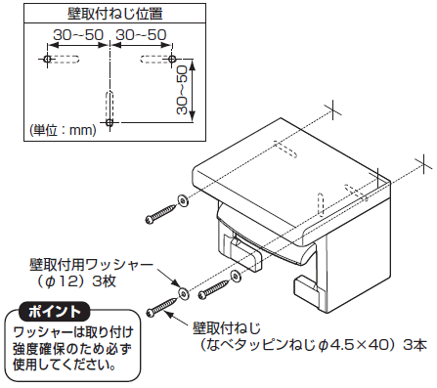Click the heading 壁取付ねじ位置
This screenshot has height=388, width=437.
(x=114, y=14)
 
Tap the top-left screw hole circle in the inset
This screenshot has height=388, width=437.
(x=47, y=59)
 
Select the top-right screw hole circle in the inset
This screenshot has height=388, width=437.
(x=172, y=59)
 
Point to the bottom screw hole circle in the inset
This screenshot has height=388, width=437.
(x=109, y=122)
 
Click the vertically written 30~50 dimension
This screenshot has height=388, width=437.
(x=182, y=90)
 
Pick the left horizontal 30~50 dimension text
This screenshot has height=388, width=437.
(x=78, y=35)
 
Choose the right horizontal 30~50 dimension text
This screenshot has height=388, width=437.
(x=141, y=35)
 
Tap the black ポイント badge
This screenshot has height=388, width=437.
(x=55, y=312)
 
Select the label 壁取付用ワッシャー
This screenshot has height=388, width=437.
(x=91, y=265)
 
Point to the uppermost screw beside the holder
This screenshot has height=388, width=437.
(x=161, y=213)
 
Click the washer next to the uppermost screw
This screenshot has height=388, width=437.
(x=184, y=201)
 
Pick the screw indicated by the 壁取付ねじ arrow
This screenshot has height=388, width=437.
(x=162, y=307)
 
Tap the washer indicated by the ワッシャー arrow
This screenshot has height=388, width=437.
(x=185, y=294)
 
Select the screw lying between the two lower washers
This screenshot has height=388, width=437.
(x=214, y=289)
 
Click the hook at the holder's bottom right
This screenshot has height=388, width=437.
(x=307, y=290)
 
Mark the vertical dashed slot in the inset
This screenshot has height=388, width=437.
(x=109, y=106)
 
